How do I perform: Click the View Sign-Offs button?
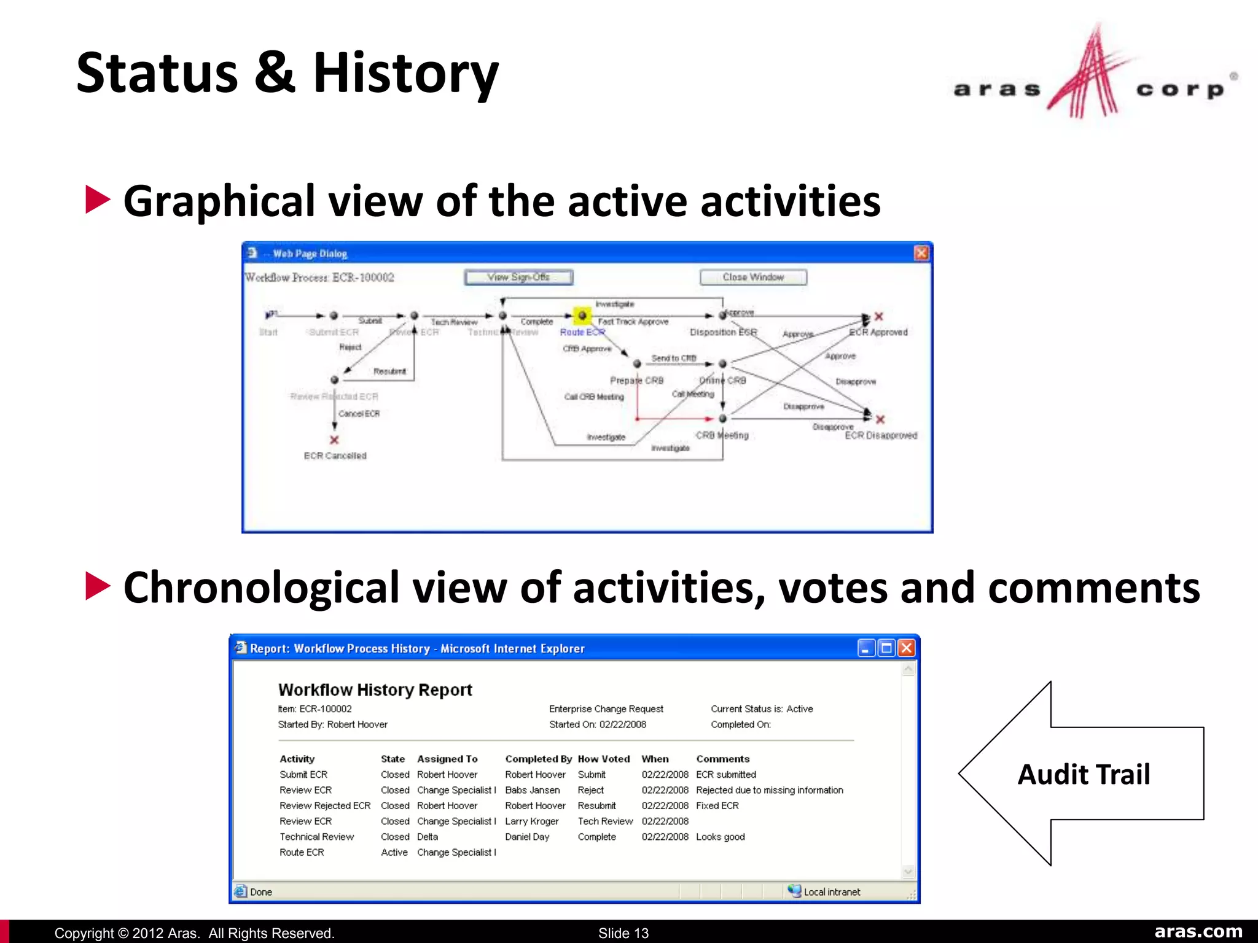tap(518, 277)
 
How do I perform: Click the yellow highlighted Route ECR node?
tap(582, 316)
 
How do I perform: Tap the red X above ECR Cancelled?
tap(334, 440)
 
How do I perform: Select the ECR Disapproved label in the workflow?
tap(881, 435)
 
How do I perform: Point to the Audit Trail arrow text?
tap(1084, 774)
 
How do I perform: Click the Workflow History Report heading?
tap(375, 690)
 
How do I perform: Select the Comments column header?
tap(722, 759)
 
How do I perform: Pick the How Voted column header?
tap(603, 759)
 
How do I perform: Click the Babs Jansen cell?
tap(532, 790)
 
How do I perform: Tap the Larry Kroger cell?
tap(531, 821)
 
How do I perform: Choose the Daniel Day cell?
tap(527, 837)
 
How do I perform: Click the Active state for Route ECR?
tap(394, 852)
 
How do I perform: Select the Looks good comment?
tap(720, 837)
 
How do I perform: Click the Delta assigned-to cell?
tap(427, 837)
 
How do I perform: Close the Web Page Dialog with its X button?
tap(921, 253)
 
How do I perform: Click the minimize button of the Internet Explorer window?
tap(866, 648)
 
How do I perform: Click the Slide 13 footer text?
tap(623, 933)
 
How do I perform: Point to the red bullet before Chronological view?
tap(97, 586)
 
